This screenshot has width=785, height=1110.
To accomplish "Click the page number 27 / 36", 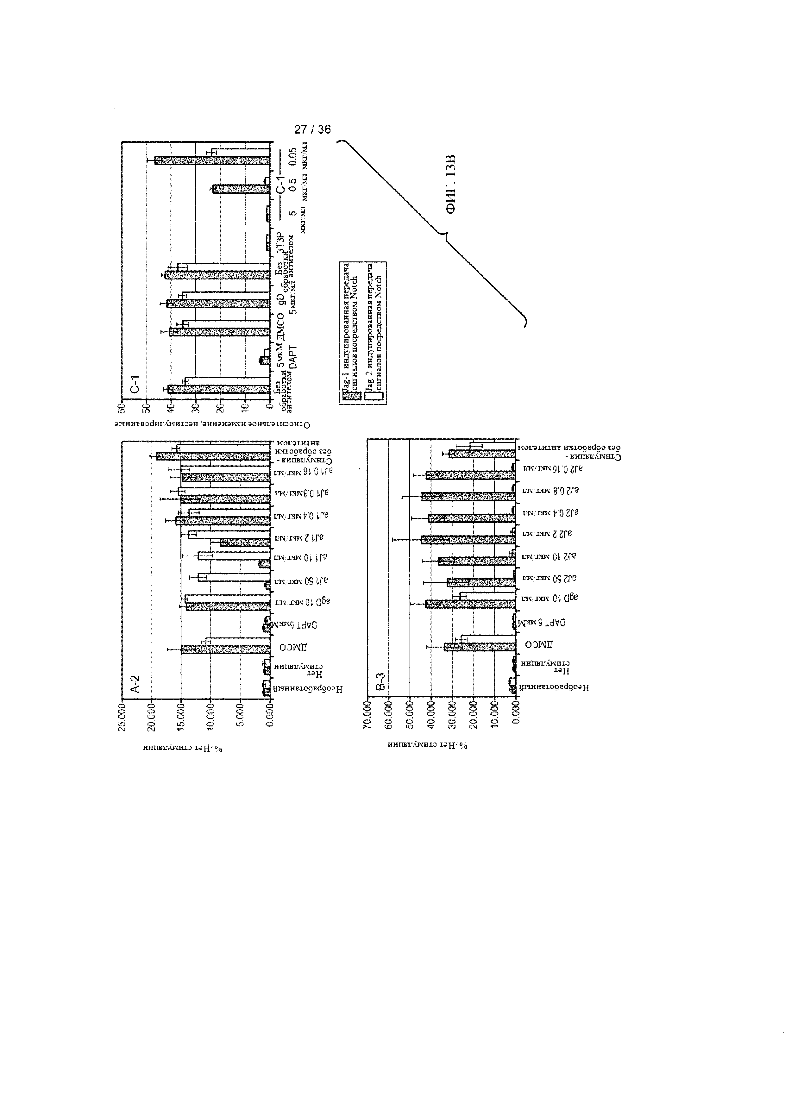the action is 312,129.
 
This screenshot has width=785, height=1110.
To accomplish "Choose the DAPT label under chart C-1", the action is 293,359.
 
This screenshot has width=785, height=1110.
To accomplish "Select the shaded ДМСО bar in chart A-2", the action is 225,649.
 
